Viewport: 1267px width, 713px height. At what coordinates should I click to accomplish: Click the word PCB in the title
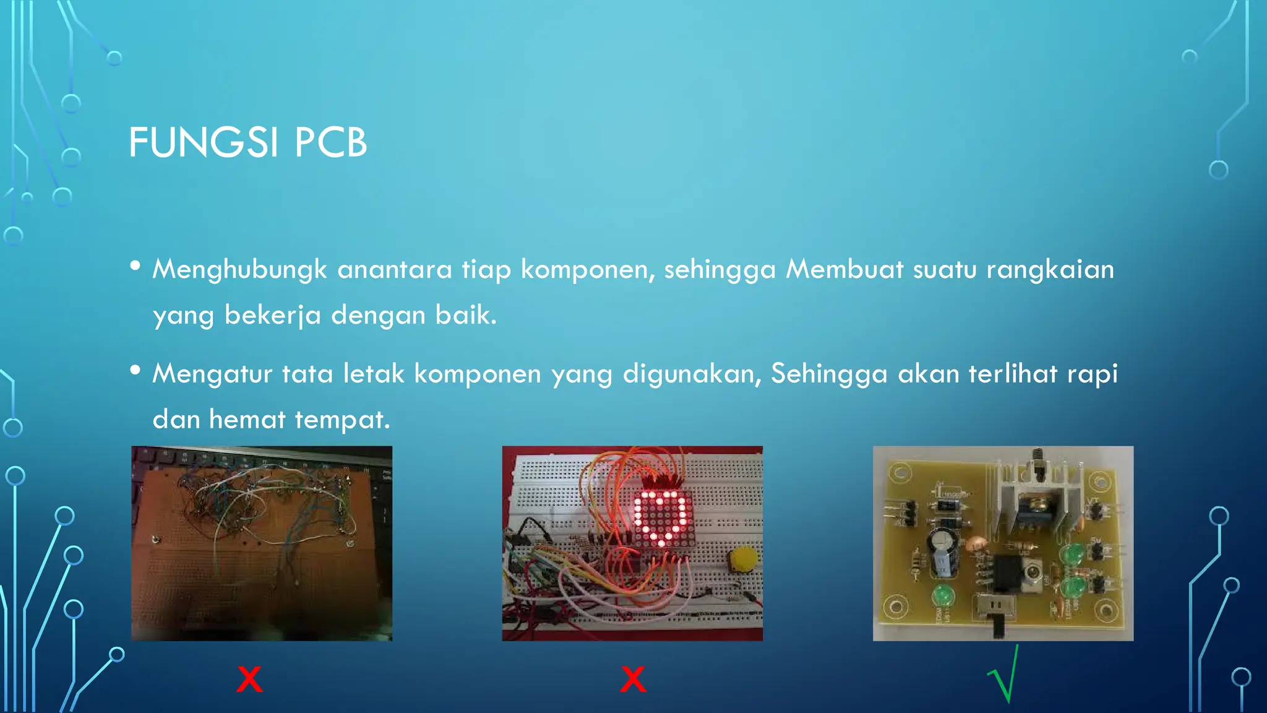(330, 142)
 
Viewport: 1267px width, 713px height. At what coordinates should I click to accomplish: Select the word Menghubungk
(239, 270)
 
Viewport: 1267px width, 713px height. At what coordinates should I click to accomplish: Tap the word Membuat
(844, 269)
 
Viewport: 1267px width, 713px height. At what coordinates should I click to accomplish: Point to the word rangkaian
(1050, 269)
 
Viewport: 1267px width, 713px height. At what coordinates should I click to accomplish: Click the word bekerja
(272, 316)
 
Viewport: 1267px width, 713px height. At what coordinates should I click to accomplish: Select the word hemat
(247, 420)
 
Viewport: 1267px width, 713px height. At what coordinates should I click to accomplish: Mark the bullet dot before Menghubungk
(135, 266)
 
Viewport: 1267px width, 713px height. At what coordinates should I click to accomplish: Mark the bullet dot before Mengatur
(135, 370)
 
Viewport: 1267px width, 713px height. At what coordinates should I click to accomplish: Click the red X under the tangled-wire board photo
(249, 679)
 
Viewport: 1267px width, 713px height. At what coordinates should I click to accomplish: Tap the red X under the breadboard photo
(633, 679)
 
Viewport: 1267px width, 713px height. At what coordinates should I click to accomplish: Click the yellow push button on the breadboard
(743, 560)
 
